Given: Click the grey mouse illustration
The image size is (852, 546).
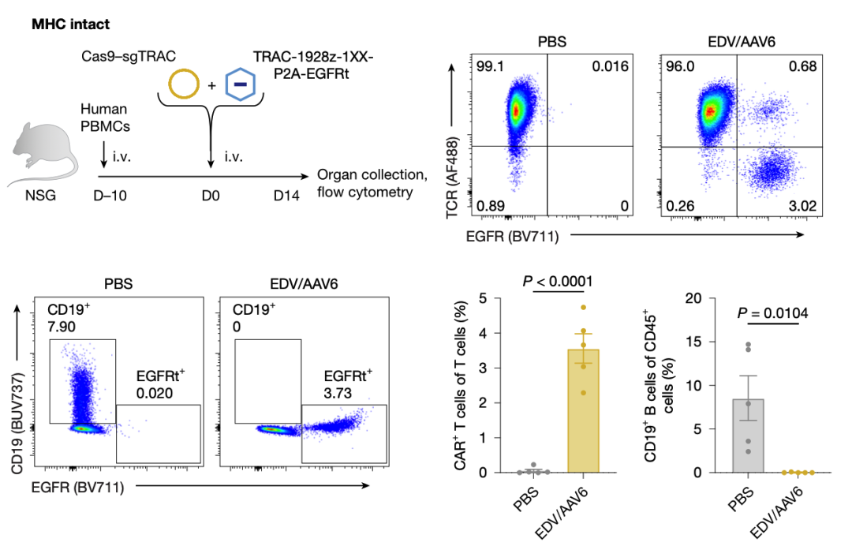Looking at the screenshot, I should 46,150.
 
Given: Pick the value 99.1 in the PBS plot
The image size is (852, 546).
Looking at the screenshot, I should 490,66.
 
